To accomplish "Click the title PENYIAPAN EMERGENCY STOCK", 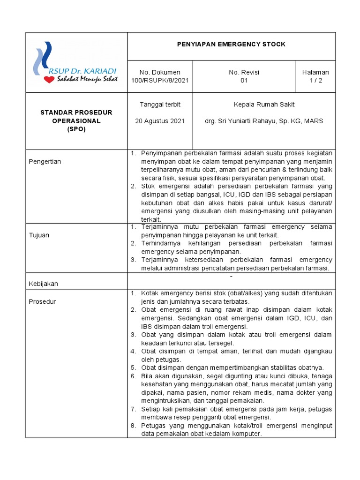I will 231,45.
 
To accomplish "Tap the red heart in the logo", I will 49,80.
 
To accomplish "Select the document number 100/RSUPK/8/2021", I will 160,80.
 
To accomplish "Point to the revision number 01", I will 244,80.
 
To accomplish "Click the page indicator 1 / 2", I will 315,80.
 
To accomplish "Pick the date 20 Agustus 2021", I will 160,120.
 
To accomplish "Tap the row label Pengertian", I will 45,162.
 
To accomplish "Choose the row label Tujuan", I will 39,235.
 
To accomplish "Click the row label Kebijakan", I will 44,284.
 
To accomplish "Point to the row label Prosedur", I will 42,301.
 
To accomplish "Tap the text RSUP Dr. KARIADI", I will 82,70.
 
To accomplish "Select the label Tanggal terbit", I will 160,105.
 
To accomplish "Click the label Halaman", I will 315,72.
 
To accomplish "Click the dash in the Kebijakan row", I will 231,276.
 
